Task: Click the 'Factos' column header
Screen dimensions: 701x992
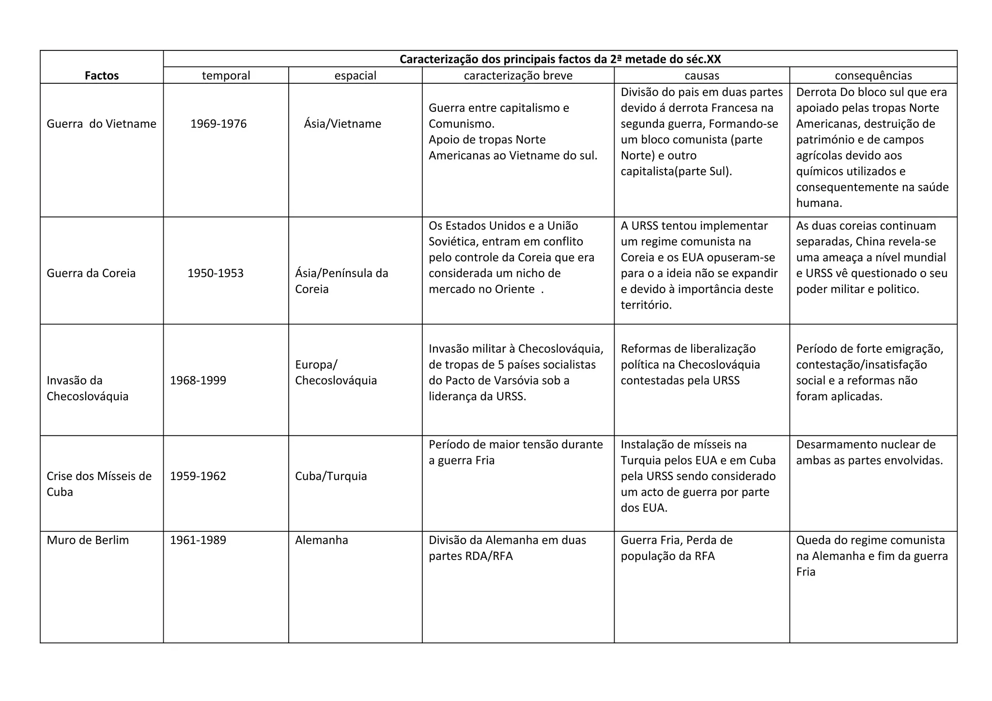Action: (x=102, y=76)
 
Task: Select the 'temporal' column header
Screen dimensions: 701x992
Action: (x=226, y=76)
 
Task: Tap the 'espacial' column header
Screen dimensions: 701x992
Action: (x=355, y=76)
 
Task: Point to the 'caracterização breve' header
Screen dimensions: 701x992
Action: (x=518, y=76)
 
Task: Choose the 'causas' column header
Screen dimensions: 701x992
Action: (x=701, y=76)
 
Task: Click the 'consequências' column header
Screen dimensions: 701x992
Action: (x=873, y=76)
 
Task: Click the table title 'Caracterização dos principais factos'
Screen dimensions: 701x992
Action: (x=560, y=59)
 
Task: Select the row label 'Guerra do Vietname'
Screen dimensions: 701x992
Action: (x=101, y=124)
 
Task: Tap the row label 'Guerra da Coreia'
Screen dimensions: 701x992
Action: (x=91, y=273)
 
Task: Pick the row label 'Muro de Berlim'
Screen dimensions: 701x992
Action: (x=88, y=540)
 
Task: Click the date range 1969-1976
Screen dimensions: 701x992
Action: (x=218, y=124)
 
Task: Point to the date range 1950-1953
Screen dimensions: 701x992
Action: (x=216, y=273)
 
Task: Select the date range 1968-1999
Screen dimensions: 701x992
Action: (x=198, y=380)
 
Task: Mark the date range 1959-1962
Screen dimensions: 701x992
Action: (x=198, y=476)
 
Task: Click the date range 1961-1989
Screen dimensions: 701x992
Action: (x=198, y=540)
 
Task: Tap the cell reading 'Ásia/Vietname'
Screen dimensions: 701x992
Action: (x=342, y=124)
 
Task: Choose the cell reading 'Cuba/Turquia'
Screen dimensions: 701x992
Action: (x=331, y=476)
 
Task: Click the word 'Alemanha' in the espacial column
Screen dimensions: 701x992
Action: (x=321, y=540)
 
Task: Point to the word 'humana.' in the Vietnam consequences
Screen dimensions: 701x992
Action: (x=819, y=203)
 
